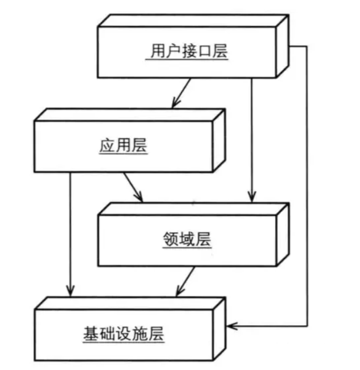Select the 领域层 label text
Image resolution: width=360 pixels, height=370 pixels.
(188, 239)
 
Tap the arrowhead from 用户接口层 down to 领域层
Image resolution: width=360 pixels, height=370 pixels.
(252, 196)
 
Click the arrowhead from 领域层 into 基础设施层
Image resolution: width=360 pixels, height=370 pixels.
(179, 291)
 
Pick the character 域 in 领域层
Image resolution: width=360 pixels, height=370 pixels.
(188, 239)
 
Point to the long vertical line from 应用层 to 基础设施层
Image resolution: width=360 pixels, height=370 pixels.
(70, 232)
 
